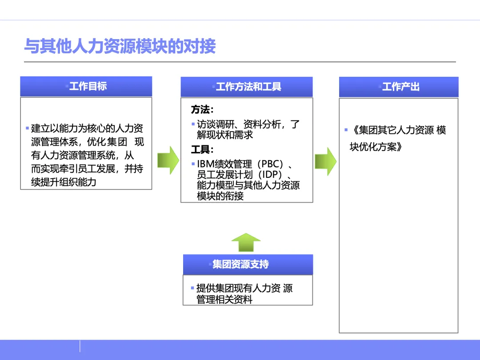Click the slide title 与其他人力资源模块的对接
(x=120, y=46)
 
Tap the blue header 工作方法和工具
(x=247, y=87)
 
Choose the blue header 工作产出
(x=399, y=87)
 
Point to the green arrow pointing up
(x=246, y=242)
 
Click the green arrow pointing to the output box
(x=326, y=160)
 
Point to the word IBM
(x=205, y=164)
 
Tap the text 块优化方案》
(x=376, y=147)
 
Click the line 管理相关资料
(x=224, y=300)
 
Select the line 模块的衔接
(x=220, y=196)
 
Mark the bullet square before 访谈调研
(x=193, y=124)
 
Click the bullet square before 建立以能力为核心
(x=27, y=128)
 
